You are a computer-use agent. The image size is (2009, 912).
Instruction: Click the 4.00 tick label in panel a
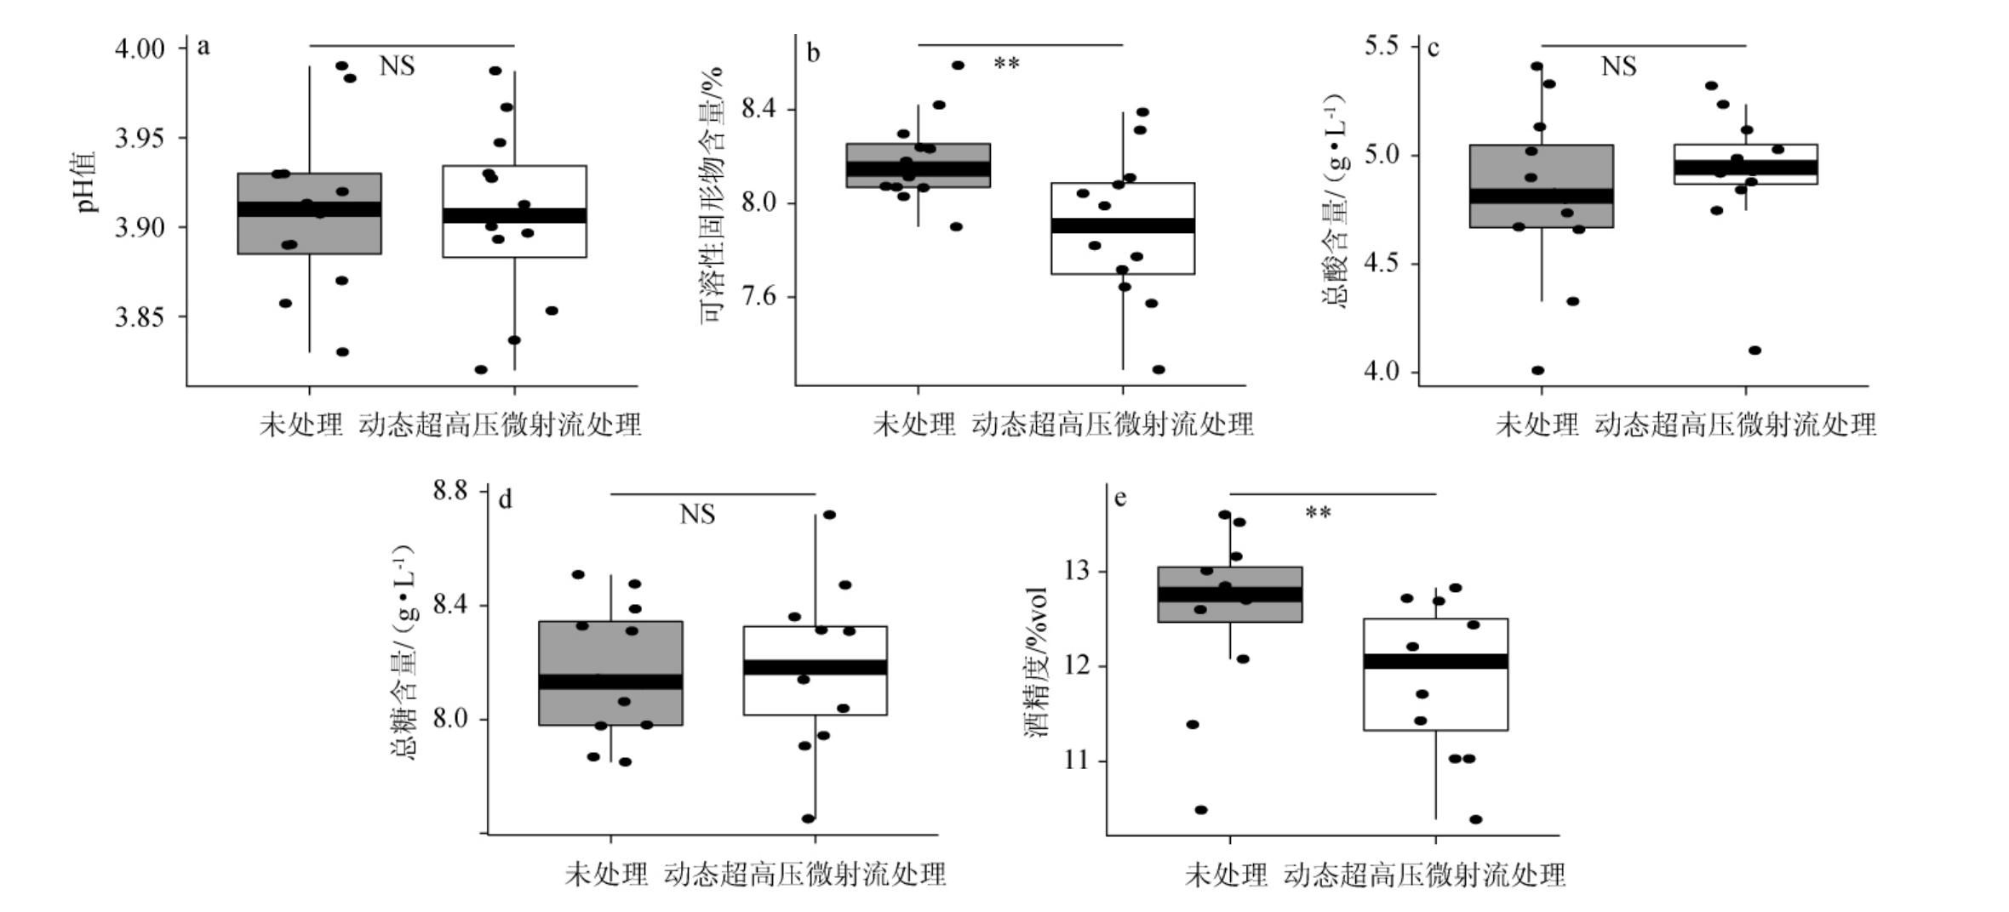(140, 48)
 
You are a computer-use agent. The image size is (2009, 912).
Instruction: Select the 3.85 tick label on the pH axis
(140, 318)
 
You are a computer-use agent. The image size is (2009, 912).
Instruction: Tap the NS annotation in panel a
(397, 66)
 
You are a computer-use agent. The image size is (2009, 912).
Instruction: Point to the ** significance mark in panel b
(1006, 64)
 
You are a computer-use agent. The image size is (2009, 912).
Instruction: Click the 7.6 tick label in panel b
(758, 297)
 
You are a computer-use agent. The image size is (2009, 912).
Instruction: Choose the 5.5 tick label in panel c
(1382, 45)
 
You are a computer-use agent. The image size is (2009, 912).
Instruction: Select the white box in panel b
(1122, 255)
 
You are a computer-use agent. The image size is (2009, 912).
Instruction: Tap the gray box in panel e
(1229, 613)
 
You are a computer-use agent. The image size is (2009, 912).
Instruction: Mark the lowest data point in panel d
(808, 818)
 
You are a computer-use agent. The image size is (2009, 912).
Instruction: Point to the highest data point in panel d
(829, 515)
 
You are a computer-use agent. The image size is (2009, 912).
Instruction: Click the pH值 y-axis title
(88, 181)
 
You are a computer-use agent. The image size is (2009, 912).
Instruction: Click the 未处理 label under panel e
(1226, 875)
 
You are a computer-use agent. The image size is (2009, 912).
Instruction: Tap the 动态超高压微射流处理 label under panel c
(1735, 425)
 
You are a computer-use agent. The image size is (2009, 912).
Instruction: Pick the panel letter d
(505, 499)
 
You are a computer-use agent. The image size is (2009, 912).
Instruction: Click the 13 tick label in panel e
(1077, 571)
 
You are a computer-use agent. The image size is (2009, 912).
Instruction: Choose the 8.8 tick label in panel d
(450, 491)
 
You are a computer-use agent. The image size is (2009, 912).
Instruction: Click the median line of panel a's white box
(514, 215)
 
